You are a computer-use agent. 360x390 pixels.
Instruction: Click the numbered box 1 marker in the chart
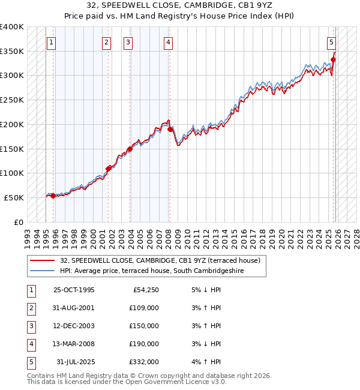coord(52,42)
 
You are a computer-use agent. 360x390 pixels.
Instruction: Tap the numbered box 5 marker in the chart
coord(331,42)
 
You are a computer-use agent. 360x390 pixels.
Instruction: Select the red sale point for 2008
coord(170,129)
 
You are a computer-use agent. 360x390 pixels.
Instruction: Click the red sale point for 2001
coord(109,169)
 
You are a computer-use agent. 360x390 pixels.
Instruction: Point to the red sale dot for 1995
coord(53,196)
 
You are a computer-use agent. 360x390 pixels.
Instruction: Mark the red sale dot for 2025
coord(334,59)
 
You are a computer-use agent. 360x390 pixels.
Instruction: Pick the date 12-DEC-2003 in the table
coord(74,326)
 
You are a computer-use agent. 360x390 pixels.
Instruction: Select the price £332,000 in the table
coord(145,362)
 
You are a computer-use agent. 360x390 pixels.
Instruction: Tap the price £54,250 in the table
coord(146,290)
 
